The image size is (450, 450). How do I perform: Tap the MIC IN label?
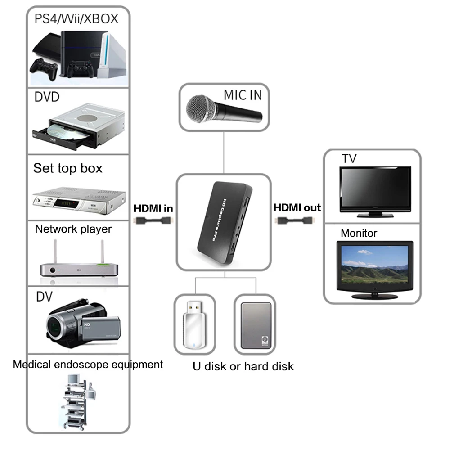(243, 95)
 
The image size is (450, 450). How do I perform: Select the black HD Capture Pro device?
(224, 223)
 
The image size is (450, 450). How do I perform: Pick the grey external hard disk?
(256, 325)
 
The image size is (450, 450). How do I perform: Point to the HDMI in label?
(153, 208)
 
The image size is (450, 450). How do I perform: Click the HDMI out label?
(297, 207)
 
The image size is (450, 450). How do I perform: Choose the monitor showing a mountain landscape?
(375, 267)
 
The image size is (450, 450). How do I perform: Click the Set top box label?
(68, 168)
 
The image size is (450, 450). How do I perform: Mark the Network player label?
(73, 229)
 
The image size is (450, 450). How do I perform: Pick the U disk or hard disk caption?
(243, 366)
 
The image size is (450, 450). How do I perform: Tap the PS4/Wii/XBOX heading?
(76, 18)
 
